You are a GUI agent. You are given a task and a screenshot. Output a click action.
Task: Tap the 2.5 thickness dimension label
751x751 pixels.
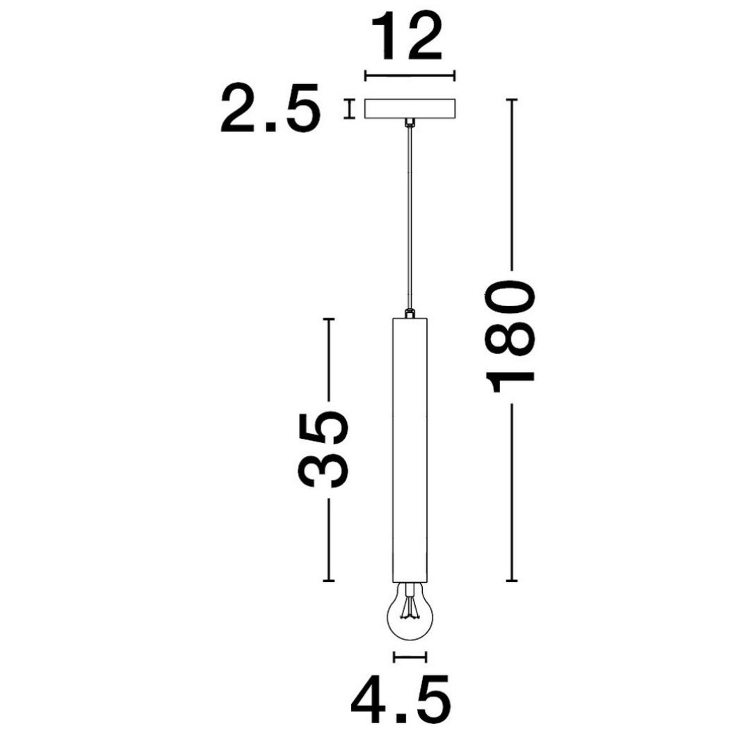coord(270,108)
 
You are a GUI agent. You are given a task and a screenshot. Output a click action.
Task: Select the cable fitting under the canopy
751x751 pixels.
coord(409,124)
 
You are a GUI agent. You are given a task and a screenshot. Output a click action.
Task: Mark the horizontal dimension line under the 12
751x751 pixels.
coord(409,76)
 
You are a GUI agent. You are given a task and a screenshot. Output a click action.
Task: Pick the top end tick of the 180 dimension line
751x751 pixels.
coord(512,100)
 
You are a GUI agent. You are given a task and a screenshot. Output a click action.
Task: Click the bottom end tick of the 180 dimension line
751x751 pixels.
coord(512,580)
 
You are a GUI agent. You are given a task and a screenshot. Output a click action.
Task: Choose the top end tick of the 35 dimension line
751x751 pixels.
coord(329,319)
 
